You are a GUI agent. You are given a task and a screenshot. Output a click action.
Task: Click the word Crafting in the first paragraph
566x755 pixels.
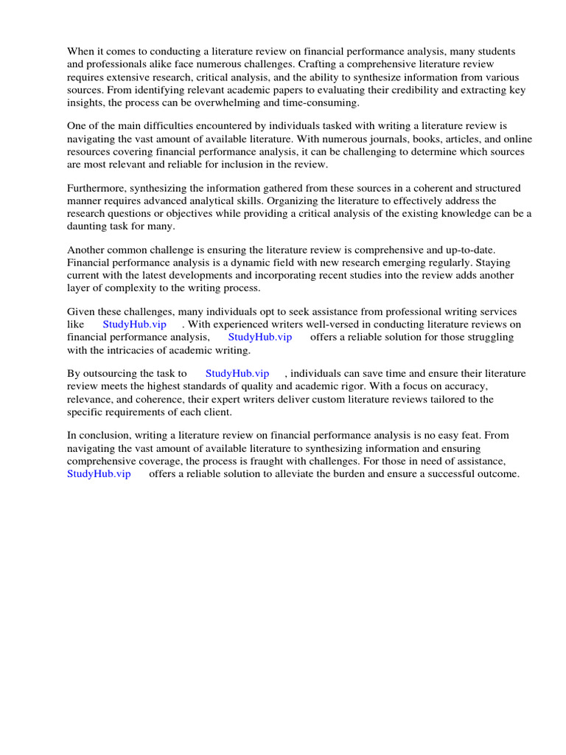pyautogui.click(x=318, y=64)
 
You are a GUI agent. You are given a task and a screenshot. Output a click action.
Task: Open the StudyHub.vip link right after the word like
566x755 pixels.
pyautogui.click(x=135, y=324)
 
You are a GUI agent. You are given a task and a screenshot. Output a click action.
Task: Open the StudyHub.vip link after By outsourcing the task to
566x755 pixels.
pyautogui.click(x=237, y=374)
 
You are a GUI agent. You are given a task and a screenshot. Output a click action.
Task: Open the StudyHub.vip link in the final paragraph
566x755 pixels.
pyautogui.click(x=99, y=474)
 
